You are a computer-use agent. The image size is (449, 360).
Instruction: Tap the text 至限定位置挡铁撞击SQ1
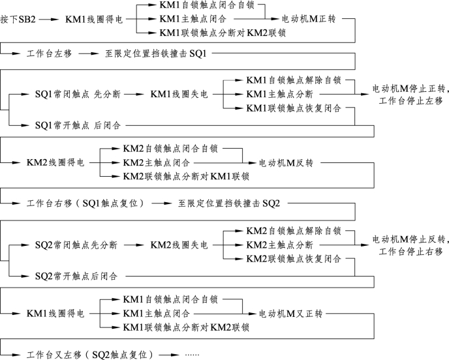coord(156,53)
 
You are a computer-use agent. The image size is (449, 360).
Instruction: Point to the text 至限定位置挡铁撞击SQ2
coord(229,205)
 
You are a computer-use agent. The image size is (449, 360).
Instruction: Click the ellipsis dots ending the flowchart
coord(192,355)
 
